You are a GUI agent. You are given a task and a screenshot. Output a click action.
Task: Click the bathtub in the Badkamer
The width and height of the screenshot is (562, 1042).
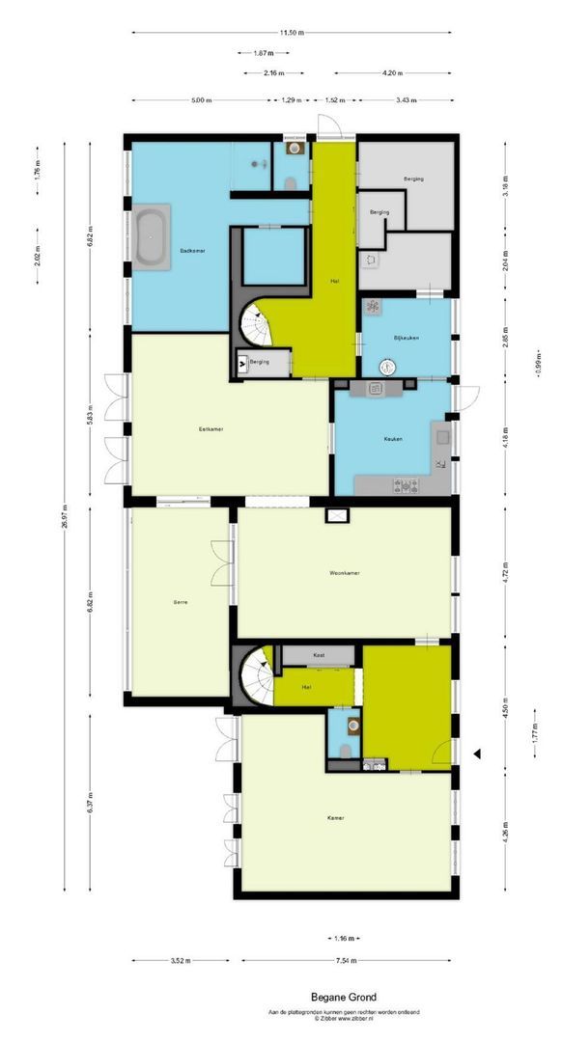click(151, 236)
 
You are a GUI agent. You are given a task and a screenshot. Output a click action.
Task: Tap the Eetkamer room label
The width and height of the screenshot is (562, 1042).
click(211, 429)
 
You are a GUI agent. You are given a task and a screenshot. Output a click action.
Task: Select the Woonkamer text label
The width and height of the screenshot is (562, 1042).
click(344, 573)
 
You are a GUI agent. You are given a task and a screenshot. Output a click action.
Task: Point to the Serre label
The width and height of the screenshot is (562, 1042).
click(180, 602)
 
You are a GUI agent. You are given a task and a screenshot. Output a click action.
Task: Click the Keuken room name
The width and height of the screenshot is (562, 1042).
click(392, 439)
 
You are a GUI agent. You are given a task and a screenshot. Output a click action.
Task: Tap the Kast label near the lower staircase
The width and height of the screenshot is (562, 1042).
click(318, 655)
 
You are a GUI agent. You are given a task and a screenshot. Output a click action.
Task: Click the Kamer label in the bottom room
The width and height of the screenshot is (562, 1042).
click(336, 818)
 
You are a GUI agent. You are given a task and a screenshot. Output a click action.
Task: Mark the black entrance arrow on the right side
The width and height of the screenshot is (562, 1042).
click(476, 754)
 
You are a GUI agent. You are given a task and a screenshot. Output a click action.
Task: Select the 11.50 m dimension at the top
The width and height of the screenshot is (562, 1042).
click(292, 33)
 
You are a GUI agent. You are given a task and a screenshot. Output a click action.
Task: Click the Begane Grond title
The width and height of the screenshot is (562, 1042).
click(344, 997)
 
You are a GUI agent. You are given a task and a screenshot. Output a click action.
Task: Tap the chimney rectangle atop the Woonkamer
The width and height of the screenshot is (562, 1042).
click(338, 515)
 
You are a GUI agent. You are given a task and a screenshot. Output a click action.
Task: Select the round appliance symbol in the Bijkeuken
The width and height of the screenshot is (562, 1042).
click(387, 366)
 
